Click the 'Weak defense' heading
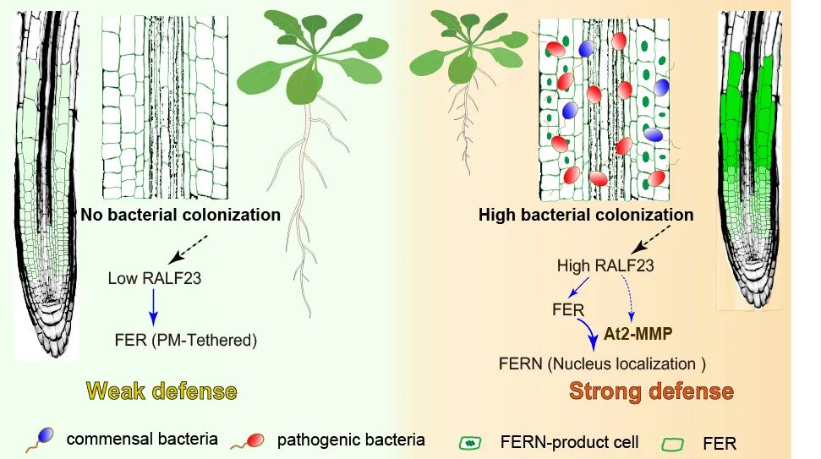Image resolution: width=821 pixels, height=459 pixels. (x=161, y=391)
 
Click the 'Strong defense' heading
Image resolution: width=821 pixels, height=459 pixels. (x=651, y=391)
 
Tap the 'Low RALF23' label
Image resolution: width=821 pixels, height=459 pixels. (x=154, y=278)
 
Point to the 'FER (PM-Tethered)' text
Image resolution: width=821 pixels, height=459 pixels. (x=185, y=341)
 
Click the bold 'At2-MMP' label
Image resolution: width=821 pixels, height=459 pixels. (x=638, y=334)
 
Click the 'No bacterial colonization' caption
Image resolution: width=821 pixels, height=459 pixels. (x=180, y=215)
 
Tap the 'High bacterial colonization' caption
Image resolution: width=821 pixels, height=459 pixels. (x=585, y=215)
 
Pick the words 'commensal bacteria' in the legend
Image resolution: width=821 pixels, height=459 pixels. (x=141, y=440)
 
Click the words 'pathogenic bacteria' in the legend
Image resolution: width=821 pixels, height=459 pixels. (x=351, y=440)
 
